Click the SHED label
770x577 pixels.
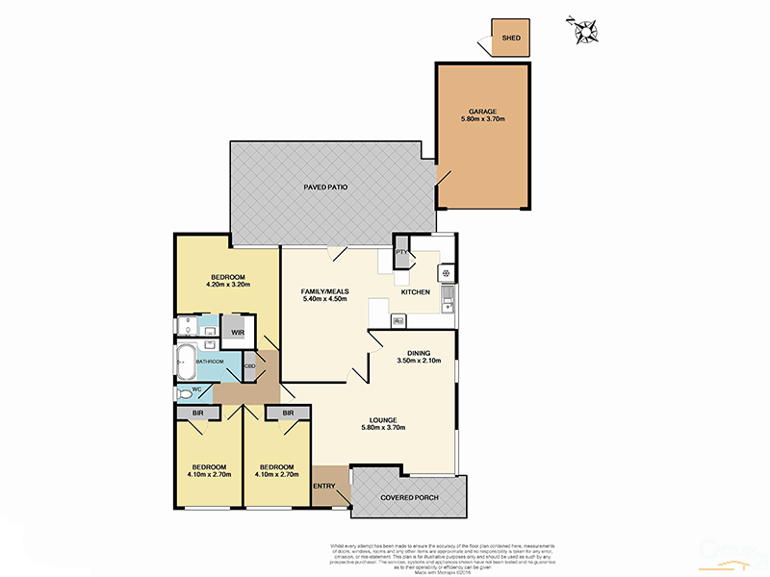pos(511,38)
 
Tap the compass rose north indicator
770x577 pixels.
pos(586,31)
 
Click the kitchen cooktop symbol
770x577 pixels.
pos(448,273)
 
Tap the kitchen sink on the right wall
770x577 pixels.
pos(449,307)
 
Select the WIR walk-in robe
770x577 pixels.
pos(237,333)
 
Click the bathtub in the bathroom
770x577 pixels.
pos(184,364)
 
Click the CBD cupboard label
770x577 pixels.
pos(249,366)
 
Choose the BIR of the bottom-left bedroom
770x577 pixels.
pos(197,414)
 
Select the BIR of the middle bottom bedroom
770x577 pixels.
pos(288,414)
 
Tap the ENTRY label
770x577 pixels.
pos(324,487)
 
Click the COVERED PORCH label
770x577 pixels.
pos(408,497)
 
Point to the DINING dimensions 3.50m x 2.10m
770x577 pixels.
pos(418,362)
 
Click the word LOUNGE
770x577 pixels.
pos(384,420)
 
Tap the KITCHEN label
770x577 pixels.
pos(415,291)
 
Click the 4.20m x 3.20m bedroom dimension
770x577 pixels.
pos(227,284)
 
